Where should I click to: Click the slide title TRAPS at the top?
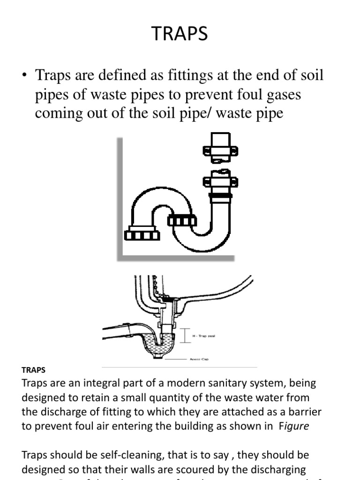coord(180,34)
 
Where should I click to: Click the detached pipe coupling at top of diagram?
coord(220,149)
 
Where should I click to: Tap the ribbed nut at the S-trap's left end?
coord(142,234)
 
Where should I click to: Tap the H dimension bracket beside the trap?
coord(186,335)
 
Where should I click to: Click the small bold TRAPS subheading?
coord(34,370)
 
